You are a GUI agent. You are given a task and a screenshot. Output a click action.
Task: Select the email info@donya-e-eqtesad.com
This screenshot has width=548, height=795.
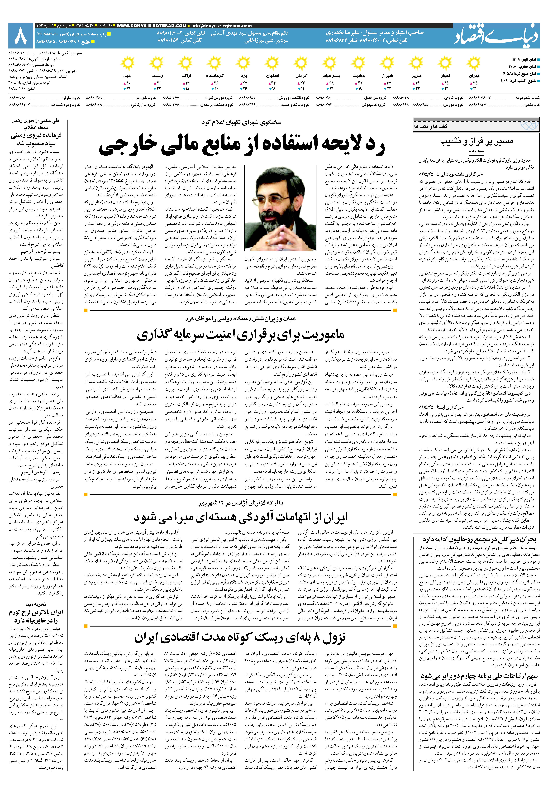coord(221,26)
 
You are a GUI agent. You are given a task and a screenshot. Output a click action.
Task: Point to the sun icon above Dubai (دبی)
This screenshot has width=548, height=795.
coord(128,64)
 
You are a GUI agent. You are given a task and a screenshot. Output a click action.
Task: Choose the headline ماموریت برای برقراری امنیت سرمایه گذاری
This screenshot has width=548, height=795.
coord(240,335)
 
